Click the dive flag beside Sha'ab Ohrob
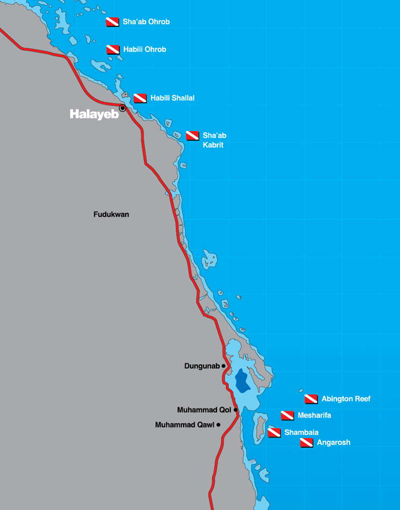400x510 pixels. coord(112,22)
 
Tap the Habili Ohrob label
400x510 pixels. coord(144,49)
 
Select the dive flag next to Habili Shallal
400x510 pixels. coord(140,98)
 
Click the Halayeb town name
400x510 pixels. coord(94,114)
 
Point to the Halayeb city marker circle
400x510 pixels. coord(122,108)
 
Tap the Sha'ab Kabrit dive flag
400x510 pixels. coord(192,135)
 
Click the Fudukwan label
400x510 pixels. coord(111,214)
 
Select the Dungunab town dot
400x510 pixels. coord(223,366)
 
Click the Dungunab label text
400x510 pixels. coord(202,366)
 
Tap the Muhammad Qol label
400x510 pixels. coord(203,410)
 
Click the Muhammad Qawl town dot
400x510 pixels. coord(219,425)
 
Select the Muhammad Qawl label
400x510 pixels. coord(184,425)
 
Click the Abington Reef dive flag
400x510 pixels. coord(311,399)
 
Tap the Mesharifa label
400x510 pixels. coord(314,416)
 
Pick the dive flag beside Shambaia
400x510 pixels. coord(274,433)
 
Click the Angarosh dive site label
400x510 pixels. coord(333,443)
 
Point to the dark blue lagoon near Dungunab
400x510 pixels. coord(242,380)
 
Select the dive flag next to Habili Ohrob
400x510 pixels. coord(113,49)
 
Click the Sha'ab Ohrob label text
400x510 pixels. coord(146,22)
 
